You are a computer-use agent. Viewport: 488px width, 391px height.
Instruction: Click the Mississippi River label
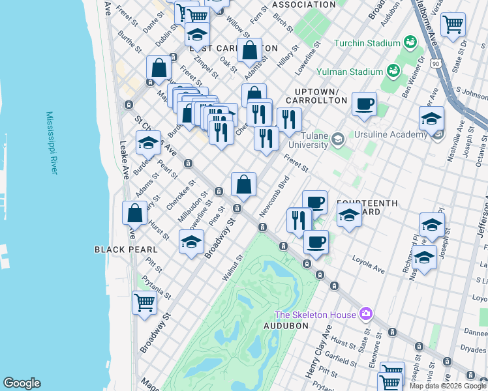point(52,142)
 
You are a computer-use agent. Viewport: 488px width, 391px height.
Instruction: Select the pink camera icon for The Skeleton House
point(365,314)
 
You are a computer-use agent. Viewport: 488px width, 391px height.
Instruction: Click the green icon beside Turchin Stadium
point(410,43)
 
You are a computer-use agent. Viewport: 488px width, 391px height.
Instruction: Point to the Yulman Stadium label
point(348,72)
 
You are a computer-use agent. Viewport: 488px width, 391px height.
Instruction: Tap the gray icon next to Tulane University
point(337,138)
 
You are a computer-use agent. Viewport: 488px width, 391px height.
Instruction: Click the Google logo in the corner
point(22,383)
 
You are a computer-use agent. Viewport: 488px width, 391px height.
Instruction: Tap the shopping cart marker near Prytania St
point(144,302)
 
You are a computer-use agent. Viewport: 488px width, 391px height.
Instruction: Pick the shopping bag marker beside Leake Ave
point(134,212)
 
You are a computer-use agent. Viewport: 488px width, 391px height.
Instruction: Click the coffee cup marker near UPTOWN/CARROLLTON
point(364,103)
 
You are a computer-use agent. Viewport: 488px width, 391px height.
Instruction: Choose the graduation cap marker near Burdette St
point(148,142)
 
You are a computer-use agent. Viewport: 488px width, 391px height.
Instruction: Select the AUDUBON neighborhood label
point(284,325)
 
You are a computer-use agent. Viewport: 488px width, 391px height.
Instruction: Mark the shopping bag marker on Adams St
point(249,50)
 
